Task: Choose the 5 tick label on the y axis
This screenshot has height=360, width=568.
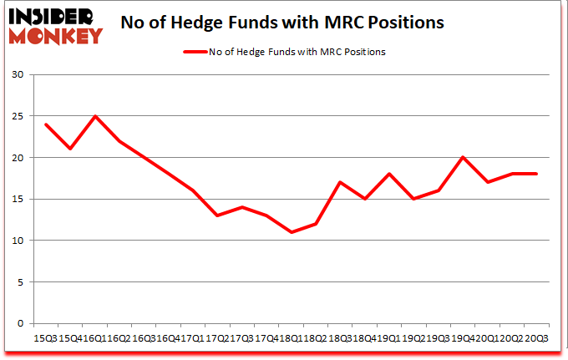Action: click(x=19, y=281)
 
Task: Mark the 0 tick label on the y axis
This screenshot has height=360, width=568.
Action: click(x=19, y=323)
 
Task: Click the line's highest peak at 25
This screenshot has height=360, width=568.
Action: click(x=95, y=116)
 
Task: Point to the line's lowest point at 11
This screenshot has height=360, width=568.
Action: click(x=291, y=232)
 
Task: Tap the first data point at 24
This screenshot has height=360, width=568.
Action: click(x=46, y=124)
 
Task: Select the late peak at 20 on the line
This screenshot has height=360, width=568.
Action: click(x=463, y=157)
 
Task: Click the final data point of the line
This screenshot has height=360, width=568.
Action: click(x=536, y=174)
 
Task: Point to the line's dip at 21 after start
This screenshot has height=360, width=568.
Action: click(x=70, y=149)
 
